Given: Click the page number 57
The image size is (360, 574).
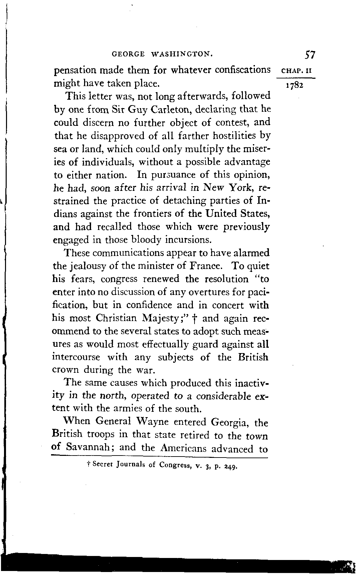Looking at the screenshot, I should [x=310, y=54].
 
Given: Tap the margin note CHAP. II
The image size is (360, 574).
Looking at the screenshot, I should [x=297, y=71].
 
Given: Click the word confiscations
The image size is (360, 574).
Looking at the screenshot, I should [x=243, y=70].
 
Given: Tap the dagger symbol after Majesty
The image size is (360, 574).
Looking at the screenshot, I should [x=195, y=319].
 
